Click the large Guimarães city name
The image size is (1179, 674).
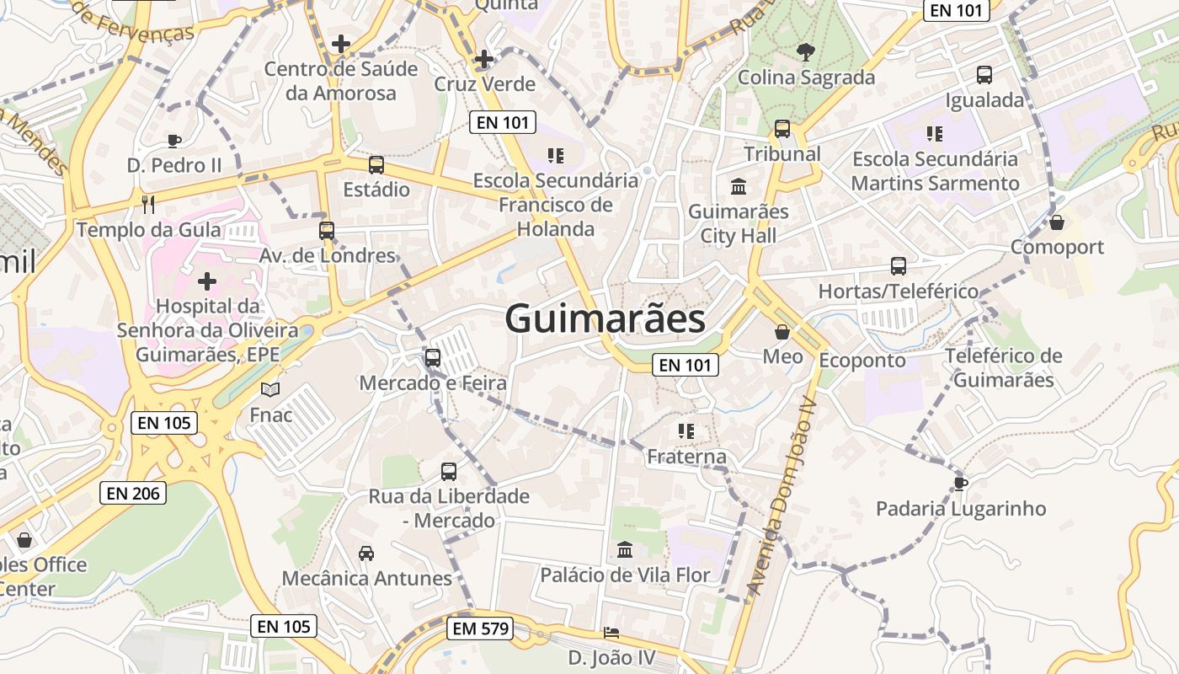tap(605, 319)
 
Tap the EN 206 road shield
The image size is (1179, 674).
tap(133, 493)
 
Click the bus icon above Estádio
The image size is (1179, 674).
tap(376, 165)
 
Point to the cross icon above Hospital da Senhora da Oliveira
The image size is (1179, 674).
tap(207, 281)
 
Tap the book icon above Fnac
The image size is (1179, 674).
tap(270, 390)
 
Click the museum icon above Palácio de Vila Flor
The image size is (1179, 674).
tap(625, 550)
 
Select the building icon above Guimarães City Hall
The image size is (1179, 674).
tap(739, 186)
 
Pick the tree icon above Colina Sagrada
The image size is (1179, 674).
tap(806, 51)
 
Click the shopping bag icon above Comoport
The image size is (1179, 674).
tap(1057, 222)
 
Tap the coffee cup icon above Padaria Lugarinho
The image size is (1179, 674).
tap(960, 484)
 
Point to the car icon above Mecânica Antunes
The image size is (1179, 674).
tap(366, 554)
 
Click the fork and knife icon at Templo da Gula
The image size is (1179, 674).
tap(149, 204)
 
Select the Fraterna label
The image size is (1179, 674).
tap(686, 457)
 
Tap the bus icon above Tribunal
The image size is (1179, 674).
tap(782, 129)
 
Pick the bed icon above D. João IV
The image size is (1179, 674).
tap(611, 633)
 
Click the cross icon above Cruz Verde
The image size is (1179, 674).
tap(484, 59)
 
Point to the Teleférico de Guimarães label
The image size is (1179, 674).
tap(1003, 367)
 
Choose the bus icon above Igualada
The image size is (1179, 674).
tap(984, 75)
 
